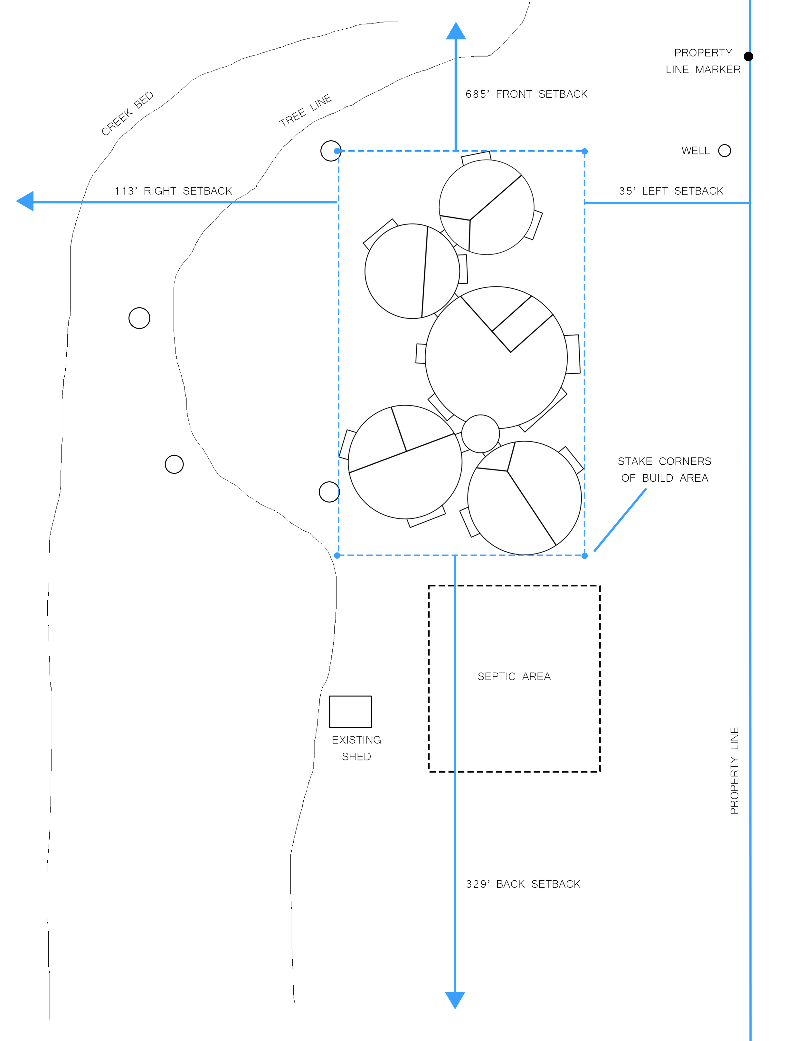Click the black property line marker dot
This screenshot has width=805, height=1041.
pos(748,56)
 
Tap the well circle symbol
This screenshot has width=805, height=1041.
pos(724,151)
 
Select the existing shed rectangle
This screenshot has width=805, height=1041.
pos(350,711)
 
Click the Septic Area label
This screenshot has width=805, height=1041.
pos(514,676)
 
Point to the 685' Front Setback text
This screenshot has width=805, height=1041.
pos(526,94)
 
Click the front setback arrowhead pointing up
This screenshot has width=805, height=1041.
pos(456,32)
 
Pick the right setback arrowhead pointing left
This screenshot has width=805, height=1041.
pos(25,201)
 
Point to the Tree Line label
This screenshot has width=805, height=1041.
pos(306,110)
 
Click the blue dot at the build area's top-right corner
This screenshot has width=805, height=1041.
pos(585,151)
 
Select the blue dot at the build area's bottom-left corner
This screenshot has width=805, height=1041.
pos(337,555)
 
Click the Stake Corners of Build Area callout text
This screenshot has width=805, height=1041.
pos(664,469)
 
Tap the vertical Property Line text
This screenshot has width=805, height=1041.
pos(734,770)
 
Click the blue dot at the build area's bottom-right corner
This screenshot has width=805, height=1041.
pos(585,555)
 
